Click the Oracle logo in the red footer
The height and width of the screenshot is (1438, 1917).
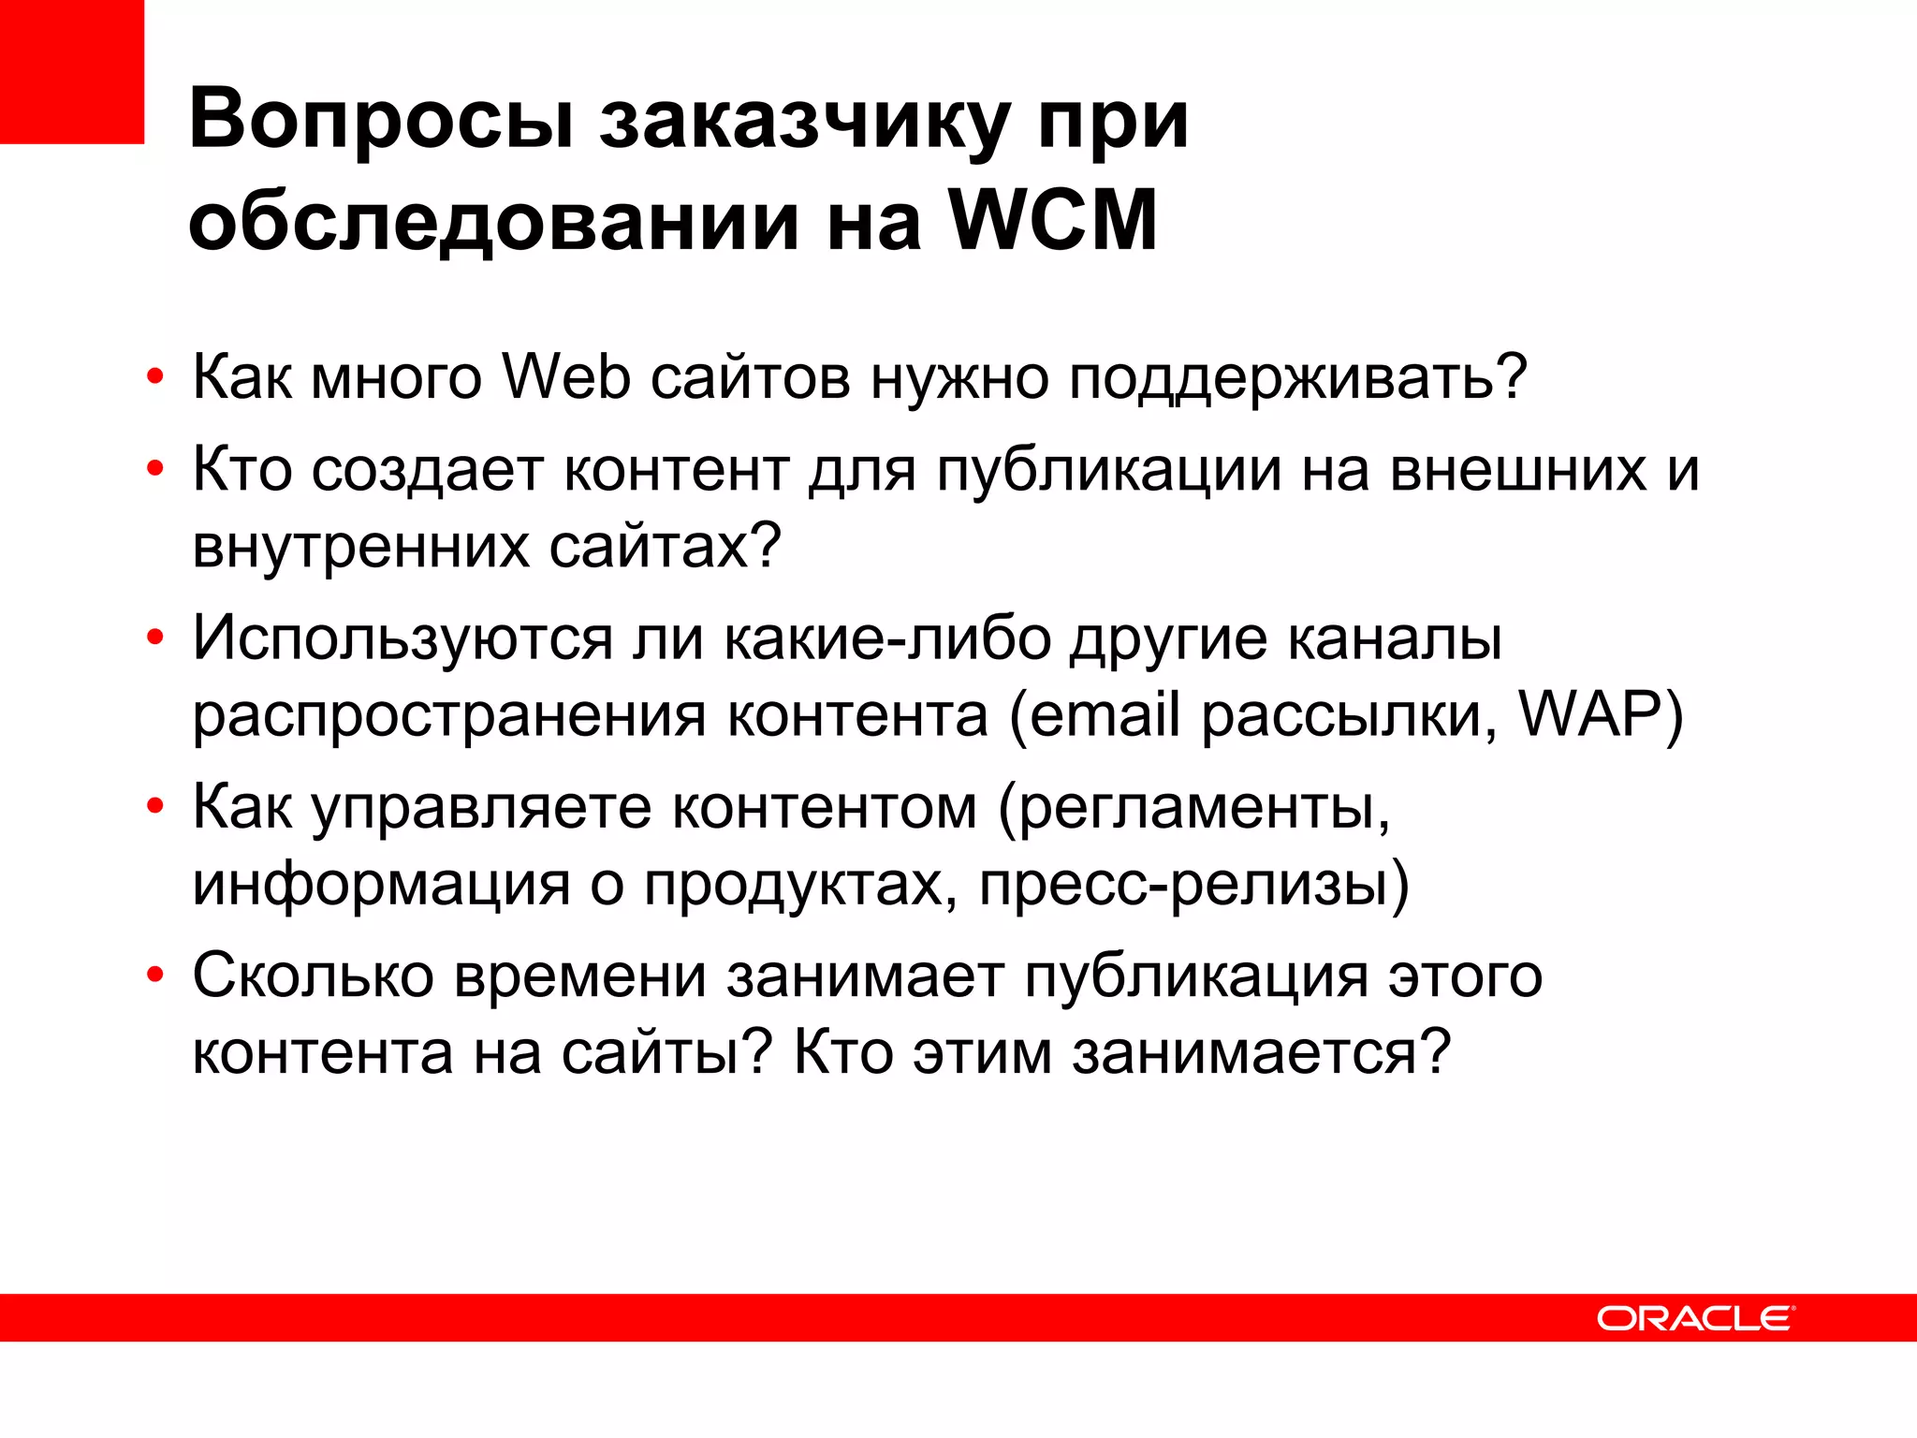click(x=1694, y=1318)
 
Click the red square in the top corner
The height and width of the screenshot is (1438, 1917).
click(x=71, y=71)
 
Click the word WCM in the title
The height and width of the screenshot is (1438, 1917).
click(x=1053, y=221)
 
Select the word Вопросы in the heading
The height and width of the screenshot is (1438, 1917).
click(x=381, y=120)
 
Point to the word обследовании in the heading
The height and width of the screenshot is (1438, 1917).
click(x=493, y=223)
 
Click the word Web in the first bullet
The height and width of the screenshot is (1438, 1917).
click(x=566, y=377)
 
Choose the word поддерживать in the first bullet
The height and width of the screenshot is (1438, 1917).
click(x=1296, y=379)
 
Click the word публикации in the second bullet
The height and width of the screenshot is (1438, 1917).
click(x=1108, y=470)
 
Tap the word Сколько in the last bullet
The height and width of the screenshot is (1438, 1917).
click(x=313, y=976)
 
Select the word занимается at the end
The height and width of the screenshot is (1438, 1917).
click(x=1260, y=1052)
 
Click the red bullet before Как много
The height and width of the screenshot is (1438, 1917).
click(x=155, y=379)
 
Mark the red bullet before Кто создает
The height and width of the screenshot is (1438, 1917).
click(x=155, y=469)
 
